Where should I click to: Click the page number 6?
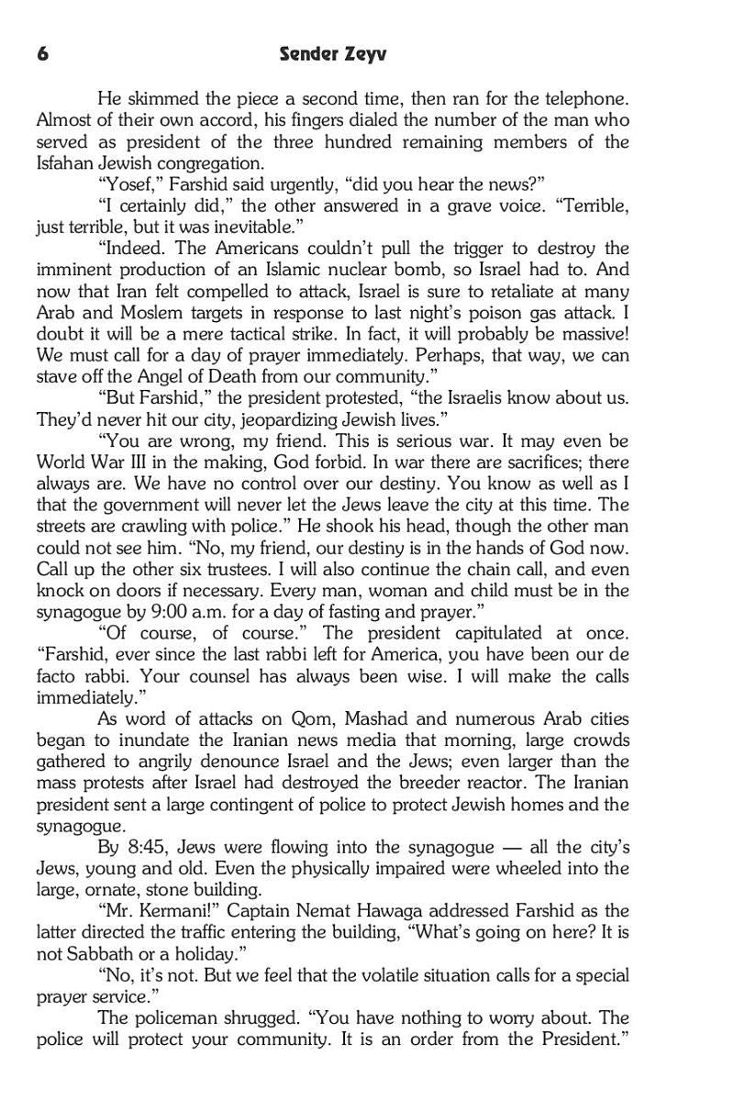tap(42, 54)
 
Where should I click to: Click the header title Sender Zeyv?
tap(333, 54)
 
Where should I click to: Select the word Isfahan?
tap(66, 163)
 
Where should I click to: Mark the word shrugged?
tap(248, 1018)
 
